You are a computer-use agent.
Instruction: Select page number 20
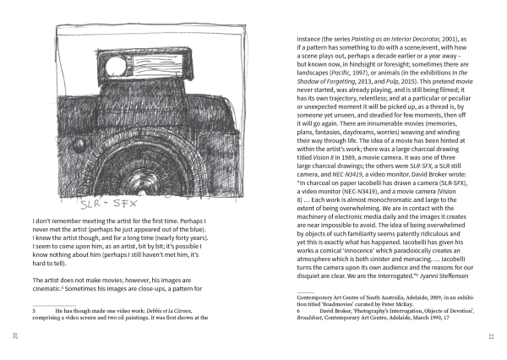click(15, 337)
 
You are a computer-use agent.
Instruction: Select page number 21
click(491, 337)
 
